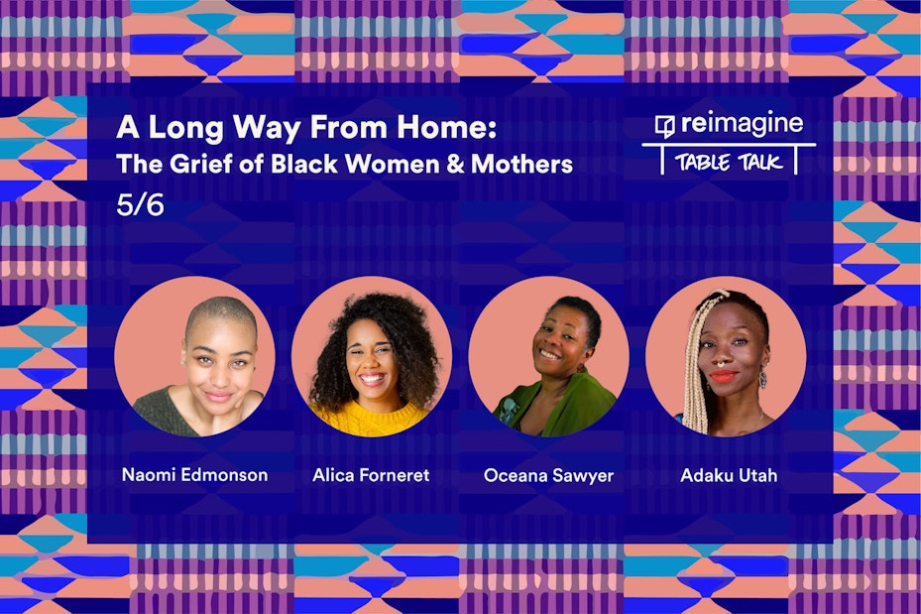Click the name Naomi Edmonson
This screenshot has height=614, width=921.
pyautogui.click(x=194, y=475)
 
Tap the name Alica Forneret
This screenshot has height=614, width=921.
pyautogui.click(x=371, y=475)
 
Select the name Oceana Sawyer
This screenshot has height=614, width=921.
pyautogui.click(x=548, y=475)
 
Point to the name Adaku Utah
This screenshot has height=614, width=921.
pyautogui.click(x=729, y=475)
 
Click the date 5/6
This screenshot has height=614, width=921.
pyautogui.click(x=140, y=204)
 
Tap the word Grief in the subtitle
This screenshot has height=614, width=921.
pyautogui.click(x=201, y=164)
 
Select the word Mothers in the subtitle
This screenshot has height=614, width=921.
pyautogui.click(x=521, y=164)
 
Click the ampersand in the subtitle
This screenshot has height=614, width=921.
pyautogui.click(x=455, y=164)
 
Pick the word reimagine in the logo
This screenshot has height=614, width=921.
pyautogui.click(x=742, y=123)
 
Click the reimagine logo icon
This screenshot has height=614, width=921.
pyautogui.click(x=665, y=126)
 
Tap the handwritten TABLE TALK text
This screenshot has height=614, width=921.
pyautogui.click(x=729, y=162)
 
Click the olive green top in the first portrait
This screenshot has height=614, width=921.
pyautogui.click(x=164, y=413)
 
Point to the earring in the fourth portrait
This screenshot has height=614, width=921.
pyautogui.click(x=762, y=377)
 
